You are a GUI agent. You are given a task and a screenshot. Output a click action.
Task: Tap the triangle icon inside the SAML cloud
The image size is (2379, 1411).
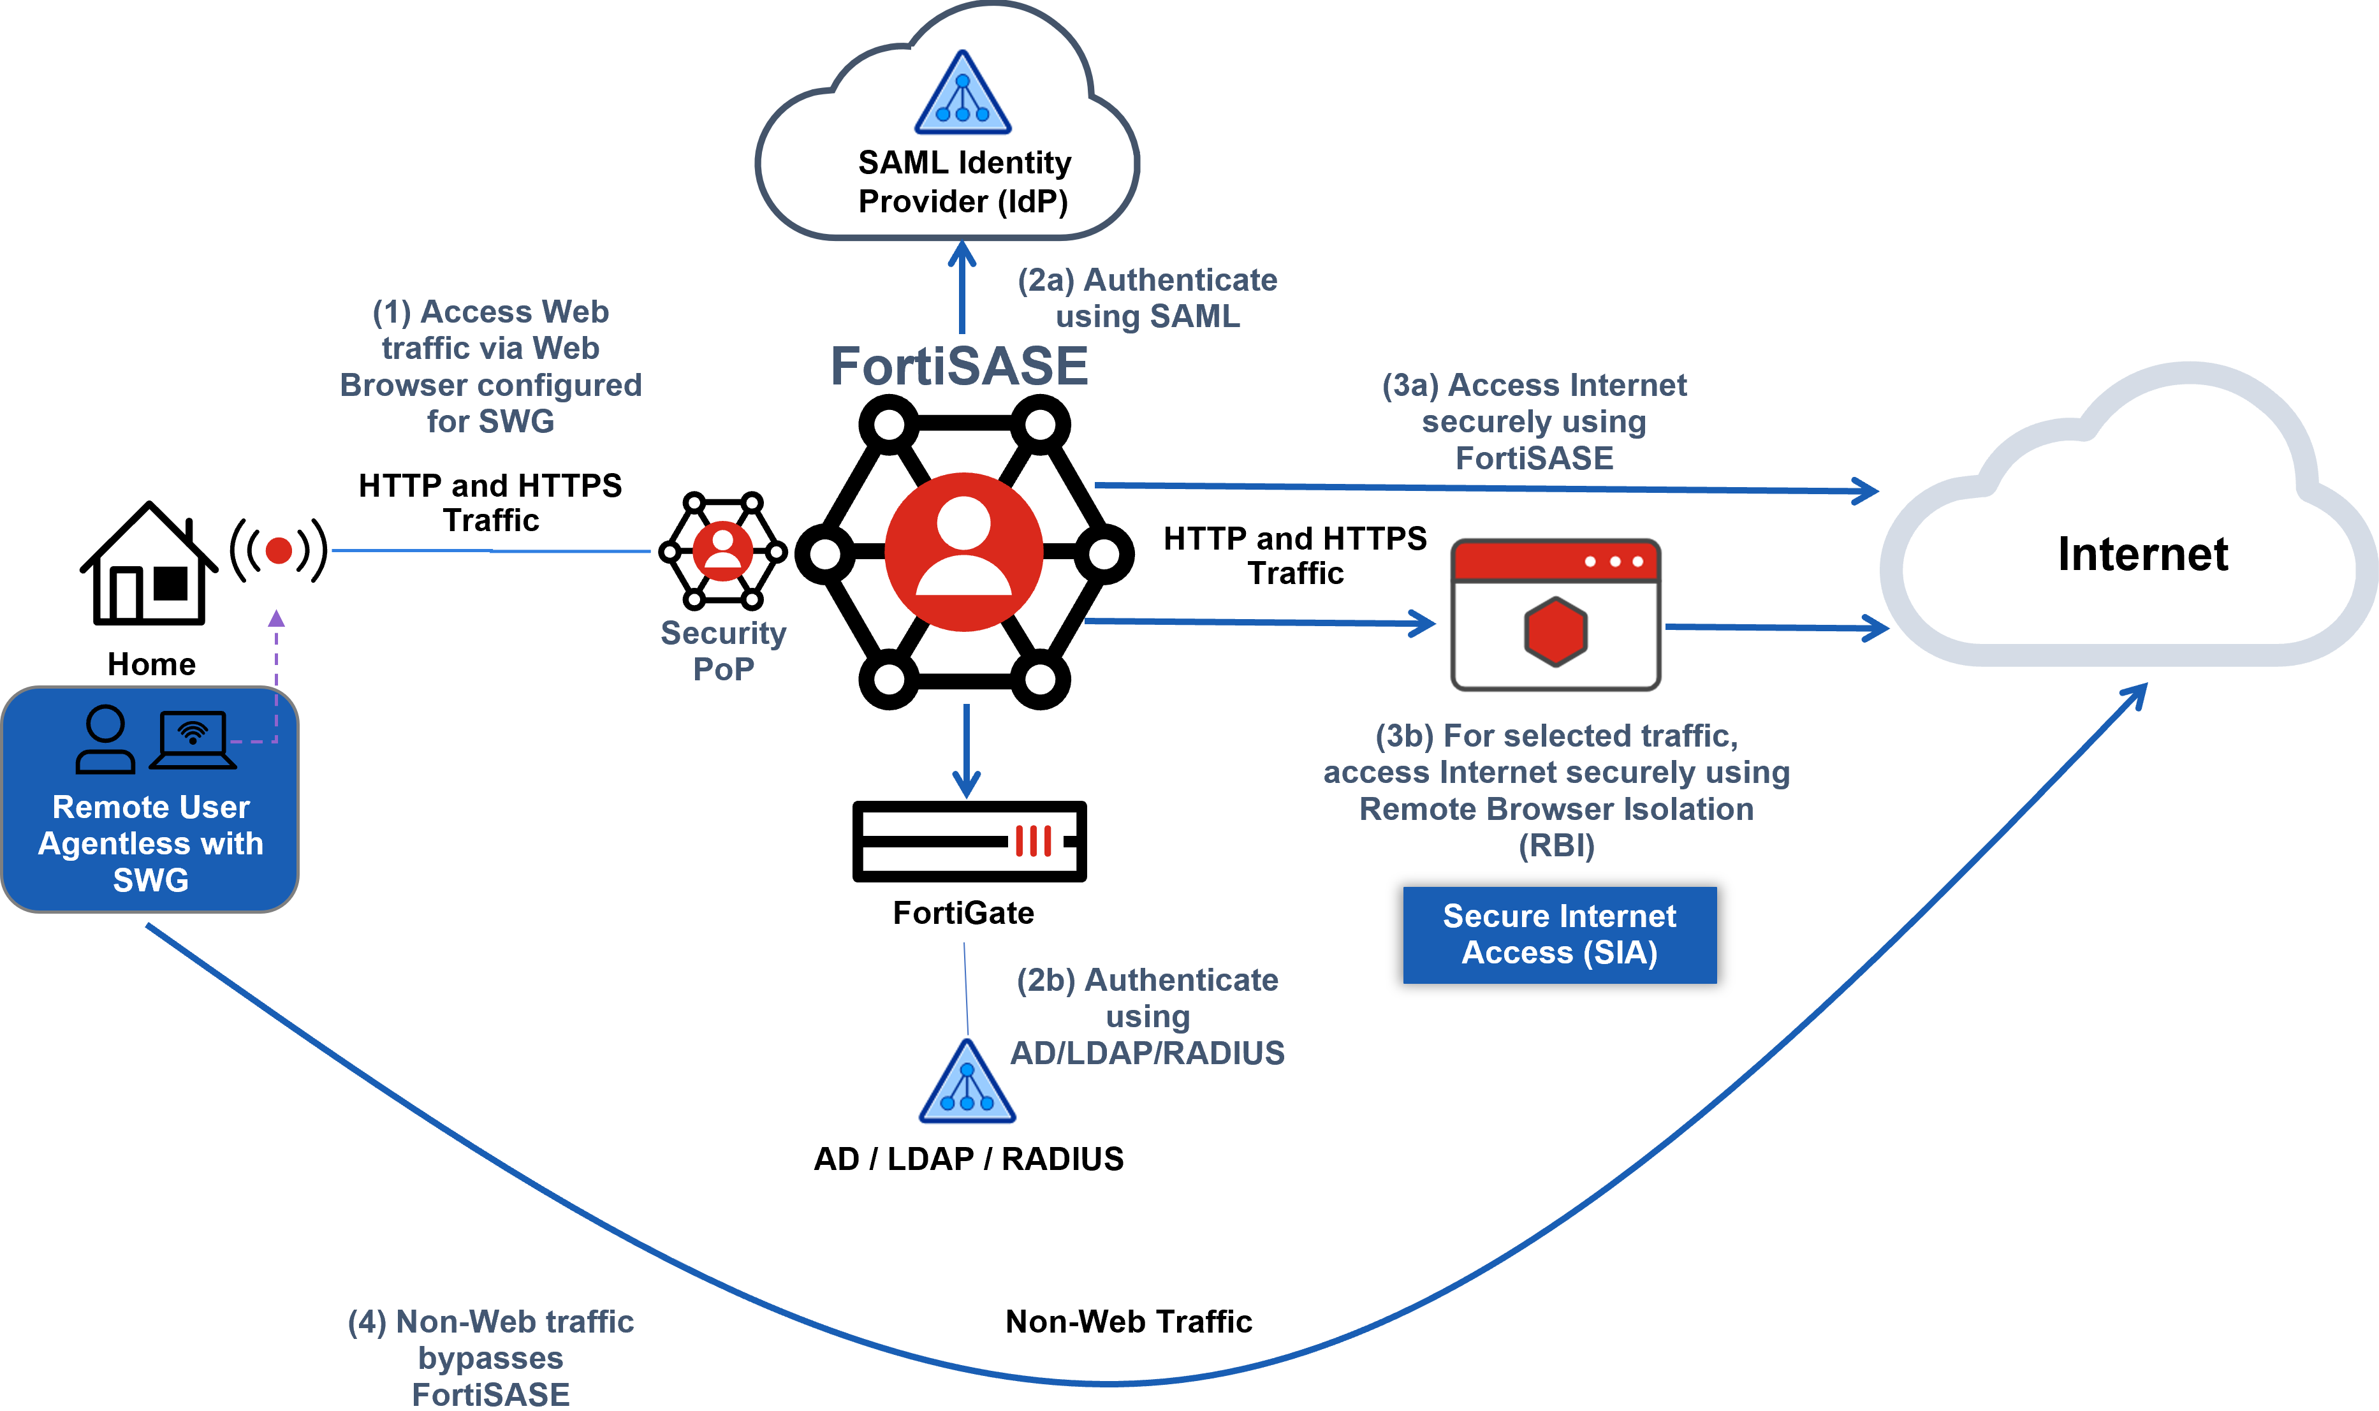click(962, 94)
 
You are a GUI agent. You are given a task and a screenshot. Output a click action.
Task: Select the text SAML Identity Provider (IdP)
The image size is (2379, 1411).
click(964, 182)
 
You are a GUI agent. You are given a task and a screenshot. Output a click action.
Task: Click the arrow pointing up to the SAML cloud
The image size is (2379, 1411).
click(962, 285)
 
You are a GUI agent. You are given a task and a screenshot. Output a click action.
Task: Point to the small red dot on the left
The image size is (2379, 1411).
click(279, 550)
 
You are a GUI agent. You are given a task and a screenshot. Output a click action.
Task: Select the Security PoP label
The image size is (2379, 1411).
click(724, 651)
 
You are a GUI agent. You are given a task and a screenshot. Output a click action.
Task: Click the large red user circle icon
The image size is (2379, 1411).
click(963, 552)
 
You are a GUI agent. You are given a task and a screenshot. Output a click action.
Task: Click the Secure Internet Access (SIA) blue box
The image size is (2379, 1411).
click(1560, 935)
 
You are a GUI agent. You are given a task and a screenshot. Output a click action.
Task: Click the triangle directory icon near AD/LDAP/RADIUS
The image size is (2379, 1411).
click(967, 1081)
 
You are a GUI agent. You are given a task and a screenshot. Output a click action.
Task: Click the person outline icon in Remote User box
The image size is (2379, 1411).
click(106, 740)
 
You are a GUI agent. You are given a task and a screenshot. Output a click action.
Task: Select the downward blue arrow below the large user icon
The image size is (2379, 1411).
click(966, 751)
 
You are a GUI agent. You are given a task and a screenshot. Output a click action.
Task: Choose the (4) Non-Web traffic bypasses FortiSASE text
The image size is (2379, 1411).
click(490, 1357)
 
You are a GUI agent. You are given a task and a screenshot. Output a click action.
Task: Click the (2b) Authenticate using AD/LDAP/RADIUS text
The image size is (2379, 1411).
click(1148, 1016)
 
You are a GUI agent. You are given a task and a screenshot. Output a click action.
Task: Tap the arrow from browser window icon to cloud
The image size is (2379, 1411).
click(1776, 627)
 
